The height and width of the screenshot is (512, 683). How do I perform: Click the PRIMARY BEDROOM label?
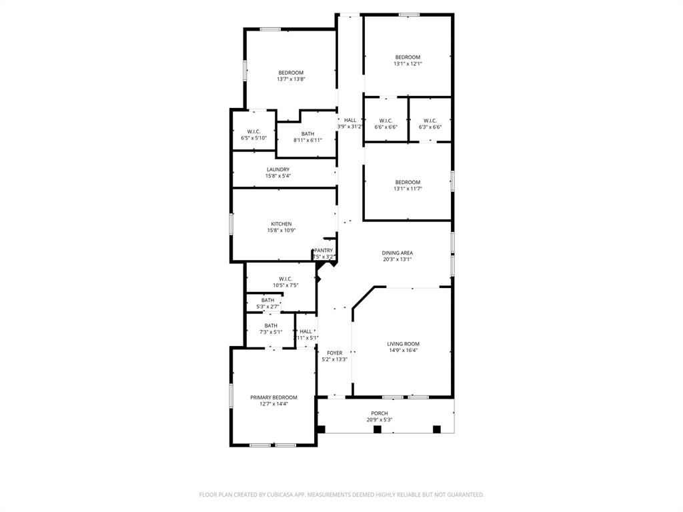coord(273,397)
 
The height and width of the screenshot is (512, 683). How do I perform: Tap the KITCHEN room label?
coord(281,224)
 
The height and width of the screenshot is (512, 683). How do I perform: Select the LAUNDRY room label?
coord(277,169)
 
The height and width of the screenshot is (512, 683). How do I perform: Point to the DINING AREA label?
coord(397,253)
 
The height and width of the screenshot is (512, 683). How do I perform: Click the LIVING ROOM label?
coord(403,344)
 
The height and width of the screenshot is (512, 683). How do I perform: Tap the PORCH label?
coord(379,413)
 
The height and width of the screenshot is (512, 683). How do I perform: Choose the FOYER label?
coord(334,353)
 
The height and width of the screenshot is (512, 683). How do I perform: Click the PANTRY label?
coord(323,251)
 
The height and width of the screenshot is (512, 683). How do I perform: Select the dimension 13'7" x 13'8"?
coord(291,79)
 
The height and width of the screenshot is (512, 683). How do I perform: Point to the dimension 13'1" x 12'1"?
coord(408,64)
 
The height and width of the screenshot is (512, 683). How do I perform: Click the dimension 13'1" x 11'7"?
coord(408,189)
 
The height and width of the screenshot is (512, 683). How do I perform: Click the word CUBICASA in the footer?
coord(269,495)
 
